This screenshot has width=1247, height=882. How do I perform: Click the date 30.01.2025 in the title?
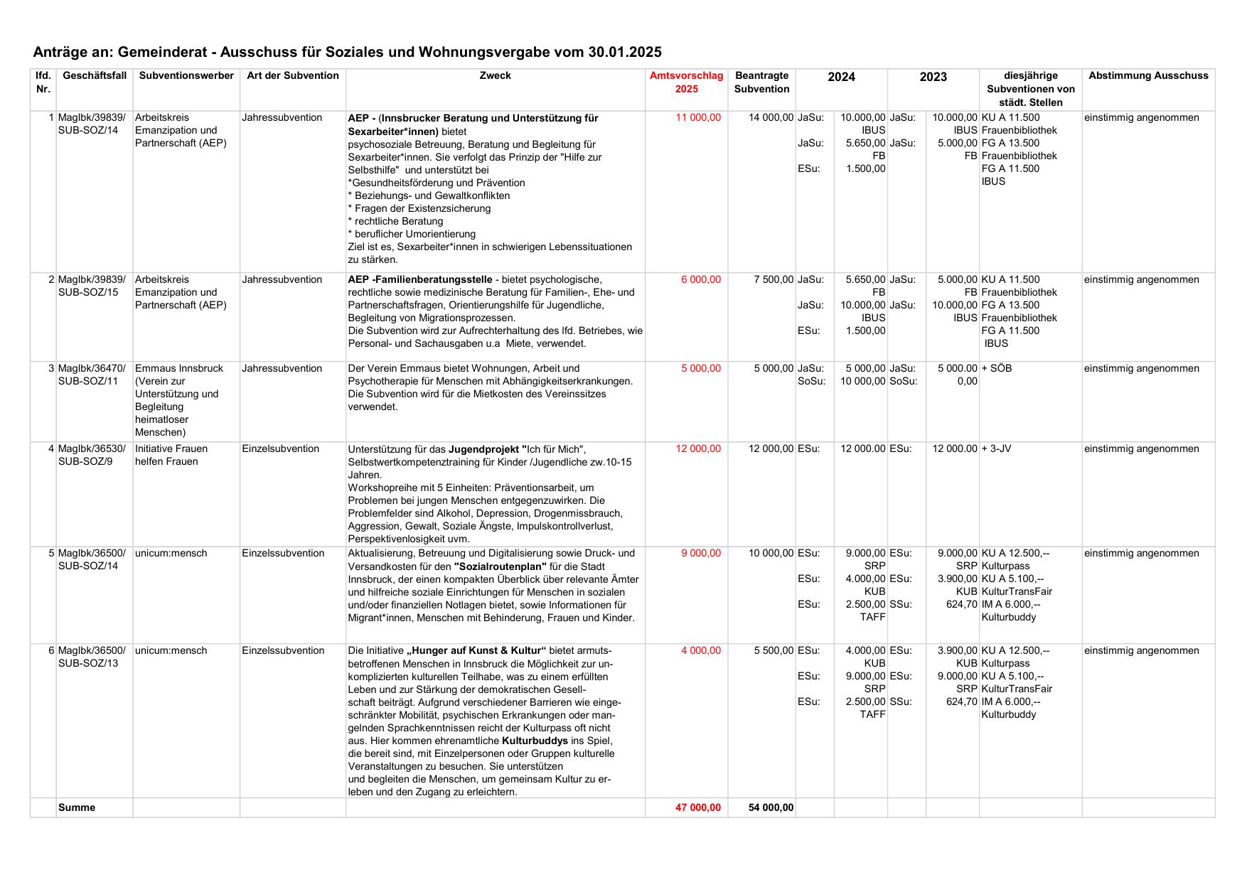[624, 52]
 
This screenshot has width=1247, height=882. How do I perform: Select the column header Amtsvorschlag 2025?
[686, 82]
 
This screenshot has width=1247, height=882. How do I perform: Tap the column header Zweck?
[495, 76]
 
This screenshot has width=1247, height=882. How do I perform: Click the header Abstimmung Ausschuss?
[1147, 76]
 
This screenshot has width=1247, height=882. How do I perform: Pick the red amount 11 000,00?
[698, 118]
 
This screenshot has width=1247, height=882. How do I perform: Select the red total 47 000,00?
[697, 808]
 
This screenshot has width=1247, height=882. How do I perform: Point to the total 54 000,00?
[771, 808]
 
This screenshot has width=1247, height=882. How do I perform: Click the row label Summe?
[77, 808]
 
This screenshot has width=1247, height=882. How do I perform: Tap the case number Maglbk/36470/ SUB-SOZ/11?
[92, 375]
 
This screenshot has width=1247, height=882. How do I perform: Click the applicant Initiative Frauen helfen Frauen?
[171, 456]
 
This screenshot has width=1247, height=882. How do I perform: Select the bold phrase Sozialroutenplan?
[500, 566]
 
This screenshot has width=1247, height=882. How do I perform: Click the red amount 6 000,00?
[700, 280]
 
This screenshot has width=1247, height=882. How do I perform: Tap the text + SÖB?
[996, 369]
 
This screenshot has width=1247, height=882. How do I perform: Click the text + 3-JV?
[996, 449]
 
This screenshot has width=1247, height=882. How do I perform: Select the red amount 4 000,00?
[700, 651]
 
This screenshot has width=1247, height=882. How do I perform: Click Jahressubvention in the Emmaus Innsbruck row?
[282, 369]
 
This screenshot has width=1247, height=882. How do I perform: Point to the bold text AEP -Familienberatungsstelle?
[419, 280]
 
